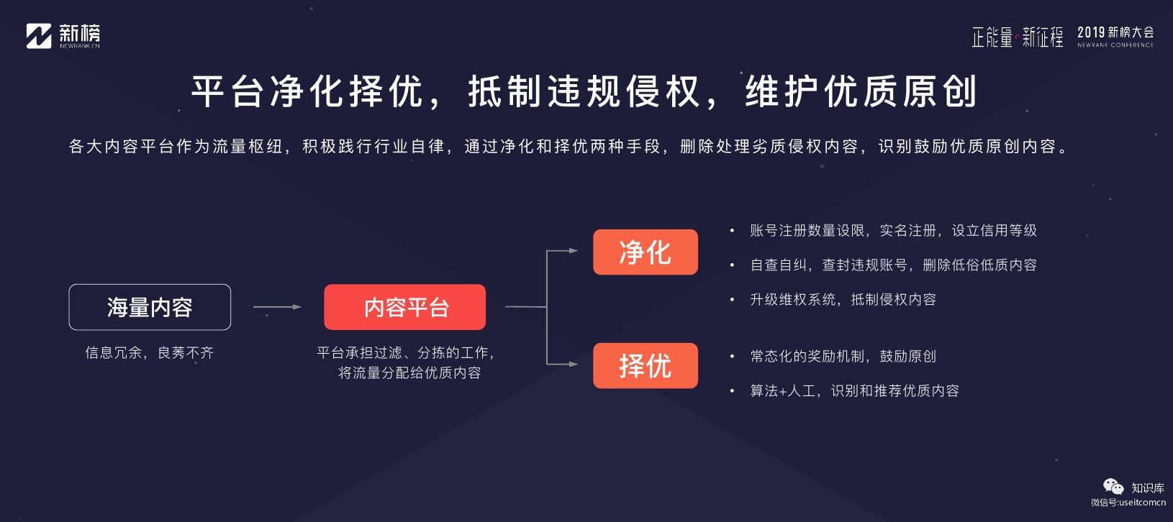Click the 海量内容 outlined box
tap(150, 307)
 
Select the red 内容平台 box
tap(405, 307)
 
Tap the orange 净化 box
tap(646, 252)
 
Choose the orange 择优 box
tap(646, 366)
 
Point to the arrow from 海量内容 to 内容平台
tap(277, 307)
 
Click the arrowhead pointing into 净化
tap(574, 251)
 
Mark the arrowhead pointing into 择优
tap(574, 365)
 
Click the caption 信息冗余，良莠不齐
tap(150, 353)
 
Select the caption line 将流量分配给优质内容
tap(409, 373)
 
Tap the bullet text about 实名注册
tap(893, 231)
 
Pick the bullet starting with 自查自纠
tap(893, 265)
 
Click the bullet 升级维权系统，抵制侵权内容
tap(843, 300)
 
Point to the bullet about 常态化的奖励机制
tap(843, 357)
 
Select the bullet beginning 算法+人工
tap(854, 391)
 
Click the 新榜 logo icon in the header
tap(39, 36)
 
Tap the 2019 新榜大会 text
tap(1115, 33)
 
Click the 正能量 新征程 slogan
tap(1017, 37)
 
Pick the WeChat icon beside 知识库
tap(1113, 487)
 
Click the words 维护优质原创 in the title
tap(861, 92)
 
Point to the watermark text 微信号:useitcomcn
tap(1128, 503)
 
